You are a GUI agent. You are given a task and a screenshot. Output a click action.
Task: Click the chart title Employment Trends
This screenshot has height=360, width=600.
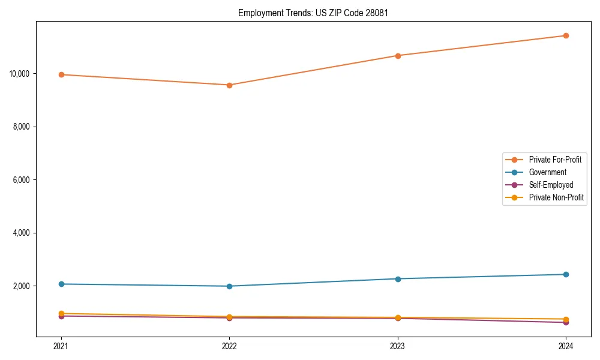(x=313, y=13)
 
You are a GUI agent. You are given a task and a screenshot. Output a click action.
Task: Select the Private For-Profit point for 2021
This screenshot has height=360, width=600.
(x=61, y=74)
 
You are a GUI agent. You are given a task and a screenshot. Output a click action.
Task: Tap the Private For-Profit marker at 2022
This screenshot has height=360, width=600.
(x=229, y=85)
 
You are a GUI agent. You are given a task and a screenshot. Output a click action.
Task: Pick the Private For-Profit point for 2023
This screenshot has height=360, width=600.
(x=398, y=56)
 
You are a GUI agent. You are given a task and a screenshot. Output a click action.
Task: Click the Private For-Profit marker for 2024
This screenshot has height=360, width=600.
(x=566, y=35)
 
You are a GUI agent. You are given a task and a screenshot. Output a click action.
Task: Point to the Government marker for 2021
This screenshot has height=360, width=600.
(x=61, y=284)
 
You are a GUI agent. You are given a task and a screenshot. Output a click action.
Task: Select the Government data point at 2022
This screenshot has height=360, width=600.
(x=229, y=286)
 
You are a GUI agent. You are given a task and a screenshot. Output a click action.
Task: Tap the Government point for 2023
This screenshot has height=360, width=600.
(x=398, y=279)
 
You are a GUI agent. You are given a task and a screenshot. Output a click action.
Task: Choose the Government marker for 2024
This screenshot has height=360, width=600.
(x=566, y=274)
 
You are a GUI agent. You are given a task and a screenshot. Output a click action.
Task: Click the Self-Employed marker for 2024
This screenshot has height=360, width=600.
(x=566, y=323)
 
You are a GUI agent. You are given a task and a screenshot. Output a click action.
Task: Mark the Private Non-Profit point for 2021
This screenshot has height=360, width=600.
(x=61, y=313)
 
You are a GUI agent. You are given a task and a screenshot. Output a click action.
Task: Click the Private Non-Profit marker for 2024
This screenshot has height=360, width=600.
(x=566, y=319)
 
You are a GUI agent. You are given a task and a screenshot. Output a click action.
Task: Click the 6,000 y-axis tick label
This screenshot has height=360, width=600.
(x=22, y=180)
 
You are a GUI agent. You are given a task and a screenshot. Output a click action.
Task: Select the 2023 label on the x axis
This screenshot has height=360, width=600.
(x=398, y=346)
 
